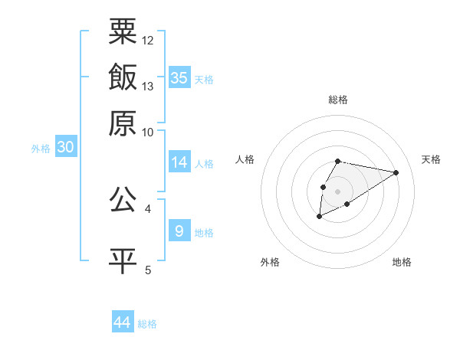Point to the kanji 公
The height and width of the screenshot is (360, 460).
tap(123, 200)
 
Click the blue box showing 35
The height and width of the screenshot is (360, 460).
tap(179, 78)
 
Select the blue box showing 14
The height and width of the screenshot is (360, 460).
tap(179, 162)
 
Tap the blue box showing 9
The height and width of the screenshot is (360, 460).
tap(179, 231)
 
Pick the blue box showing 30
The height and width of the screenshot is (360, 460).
tap(65, 148)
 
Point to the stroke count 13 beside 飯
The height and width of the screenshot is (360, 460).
tap(148, 86)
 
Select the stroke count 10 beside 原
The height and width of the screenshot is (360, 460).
tap(148, 132)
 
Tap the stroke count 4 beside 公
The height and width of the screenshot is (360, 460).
tap(148, 208)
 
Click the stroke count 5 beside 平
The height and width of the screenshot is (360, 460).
tap(148, 270)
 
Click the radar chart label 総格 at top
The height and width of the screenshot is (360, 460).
tap(337, 100)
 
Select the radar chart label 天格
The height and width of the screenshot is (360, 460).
tap(431, 159)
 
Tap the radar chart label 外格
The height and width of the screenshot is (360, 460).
tap(269, 262)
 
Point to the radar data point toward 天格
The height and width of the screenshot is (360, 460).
tap(396, 172)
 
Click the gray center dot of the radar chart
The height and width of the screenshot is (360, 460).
tap(337, 190)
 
